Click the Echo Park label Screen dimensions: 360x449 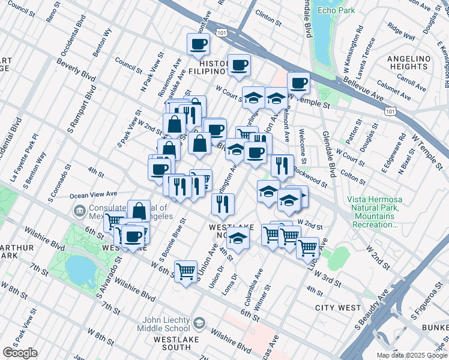click(336, 10)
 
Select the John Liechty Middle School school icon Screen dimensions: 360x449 click(197, 324)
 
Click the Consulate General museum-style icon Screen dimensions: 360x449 click(79, 211)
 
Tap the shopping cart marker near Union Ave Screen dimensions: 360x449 click(186, 271)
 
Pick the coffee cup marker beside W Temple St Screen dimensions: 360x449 click(298, 83)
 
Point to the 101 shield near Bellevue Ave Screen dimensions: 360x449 click(391, 111)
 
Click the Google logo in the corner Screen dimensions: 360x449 click(20, 353)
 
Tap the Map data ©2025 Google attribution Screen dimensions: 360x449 click(411, 355)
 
